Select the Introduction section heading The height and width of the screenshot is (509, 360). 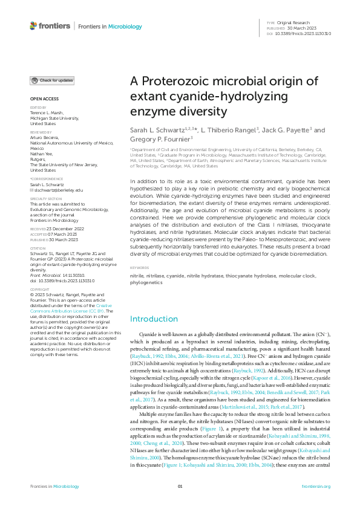click(x=154, y=319)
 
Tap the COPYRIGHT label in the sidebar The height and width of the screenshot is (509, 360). click(x=39, y=290)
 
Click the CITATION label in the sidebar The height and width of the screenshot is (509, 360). click(x=38, y=231)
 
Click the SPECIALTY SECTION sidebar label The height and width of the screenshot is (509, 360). click(x=45, y=198)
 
